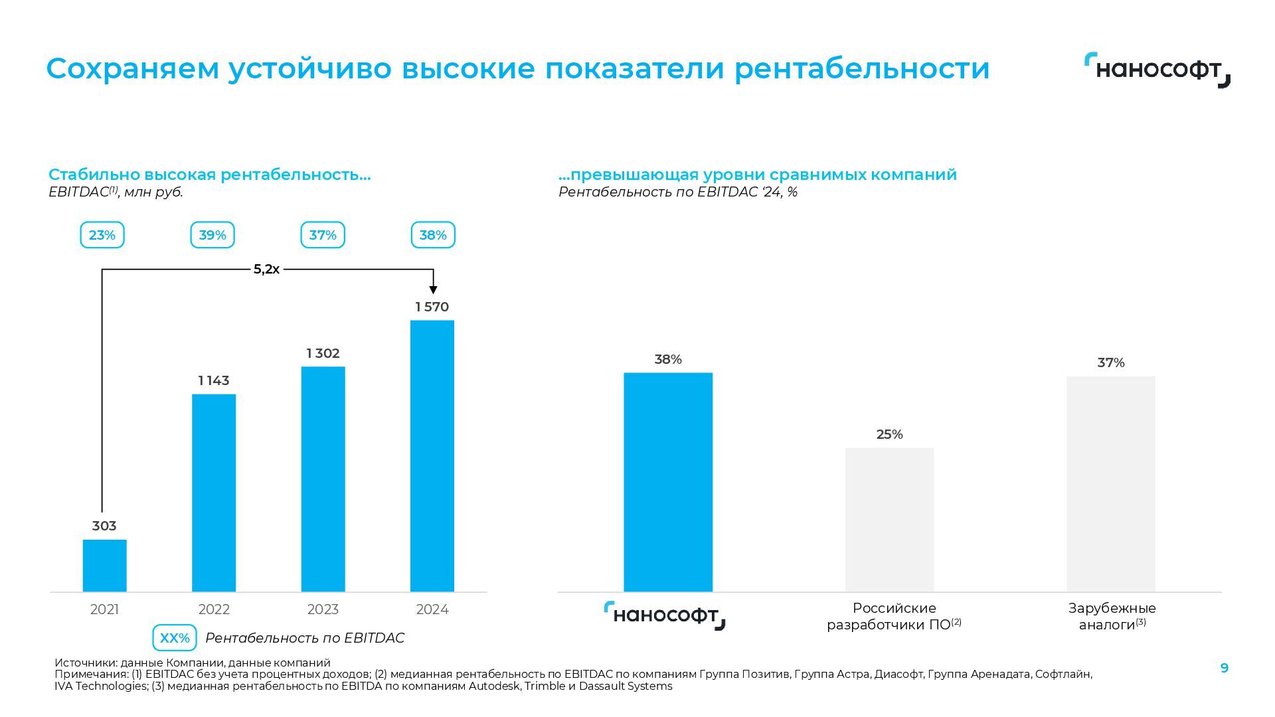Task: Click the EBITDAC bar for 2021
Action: [x=104, y=565]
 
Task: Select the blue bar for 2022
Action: [x=214, y=493]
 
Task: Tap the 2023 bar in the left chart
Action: [x=323, y=479]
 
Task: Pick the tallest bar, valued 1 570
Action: [x=432, y=455]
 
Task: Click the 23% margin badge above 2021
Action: [x=102, y=235]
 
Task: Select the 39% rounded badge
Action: [x=212, y=235]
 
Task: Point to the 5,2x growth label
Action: [x=266, y=270]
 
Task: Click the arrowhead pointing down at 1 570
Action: [x=433, y=289]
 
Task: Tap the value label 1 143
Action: [x=214, y=380]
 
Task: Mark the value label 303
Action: [x=104, y=526]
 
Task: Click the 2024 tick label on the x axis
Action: [x=432, y=609]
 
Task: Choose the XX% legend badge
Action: [x=175, y=638]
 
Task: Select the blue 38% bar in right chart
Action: [x=668, y=482]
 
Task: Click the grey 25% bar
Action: [x=889, y=519]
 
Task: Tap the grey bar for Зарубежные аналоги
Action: [x=1111, y=484]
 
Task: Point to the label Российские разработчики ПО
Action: [x=894, y=616]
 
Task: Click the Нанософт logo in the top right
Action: [x=1157, y=70]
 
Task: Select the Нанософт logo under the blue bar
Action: [x=665, y=616]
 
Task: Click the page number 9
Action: [x=1225, y=668]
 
